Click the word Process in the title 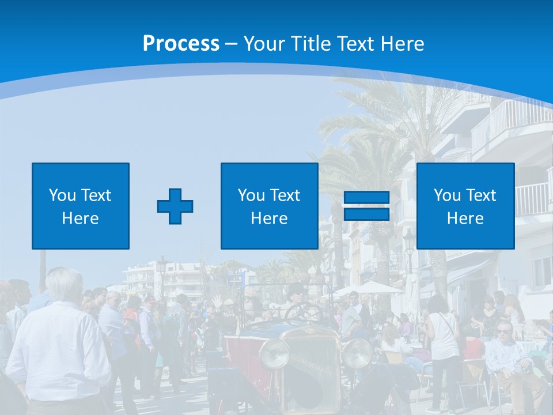click(x=181, y=44)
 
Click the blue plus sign click(x=175, y=206)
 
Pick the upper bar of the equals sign click(x=366, y=198)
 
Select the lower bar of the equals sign click(x=366, y=214)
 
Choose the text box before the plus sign click(x=81, y=206)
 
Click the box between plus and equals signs click(x=269, y=206)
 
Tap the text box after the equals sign click(x=465, y=206)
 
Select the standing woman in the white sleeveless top click(x=442, y=340)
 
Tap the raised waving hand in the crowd click(x=217, y=301)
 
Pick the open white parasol click(x=369, y=286)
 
